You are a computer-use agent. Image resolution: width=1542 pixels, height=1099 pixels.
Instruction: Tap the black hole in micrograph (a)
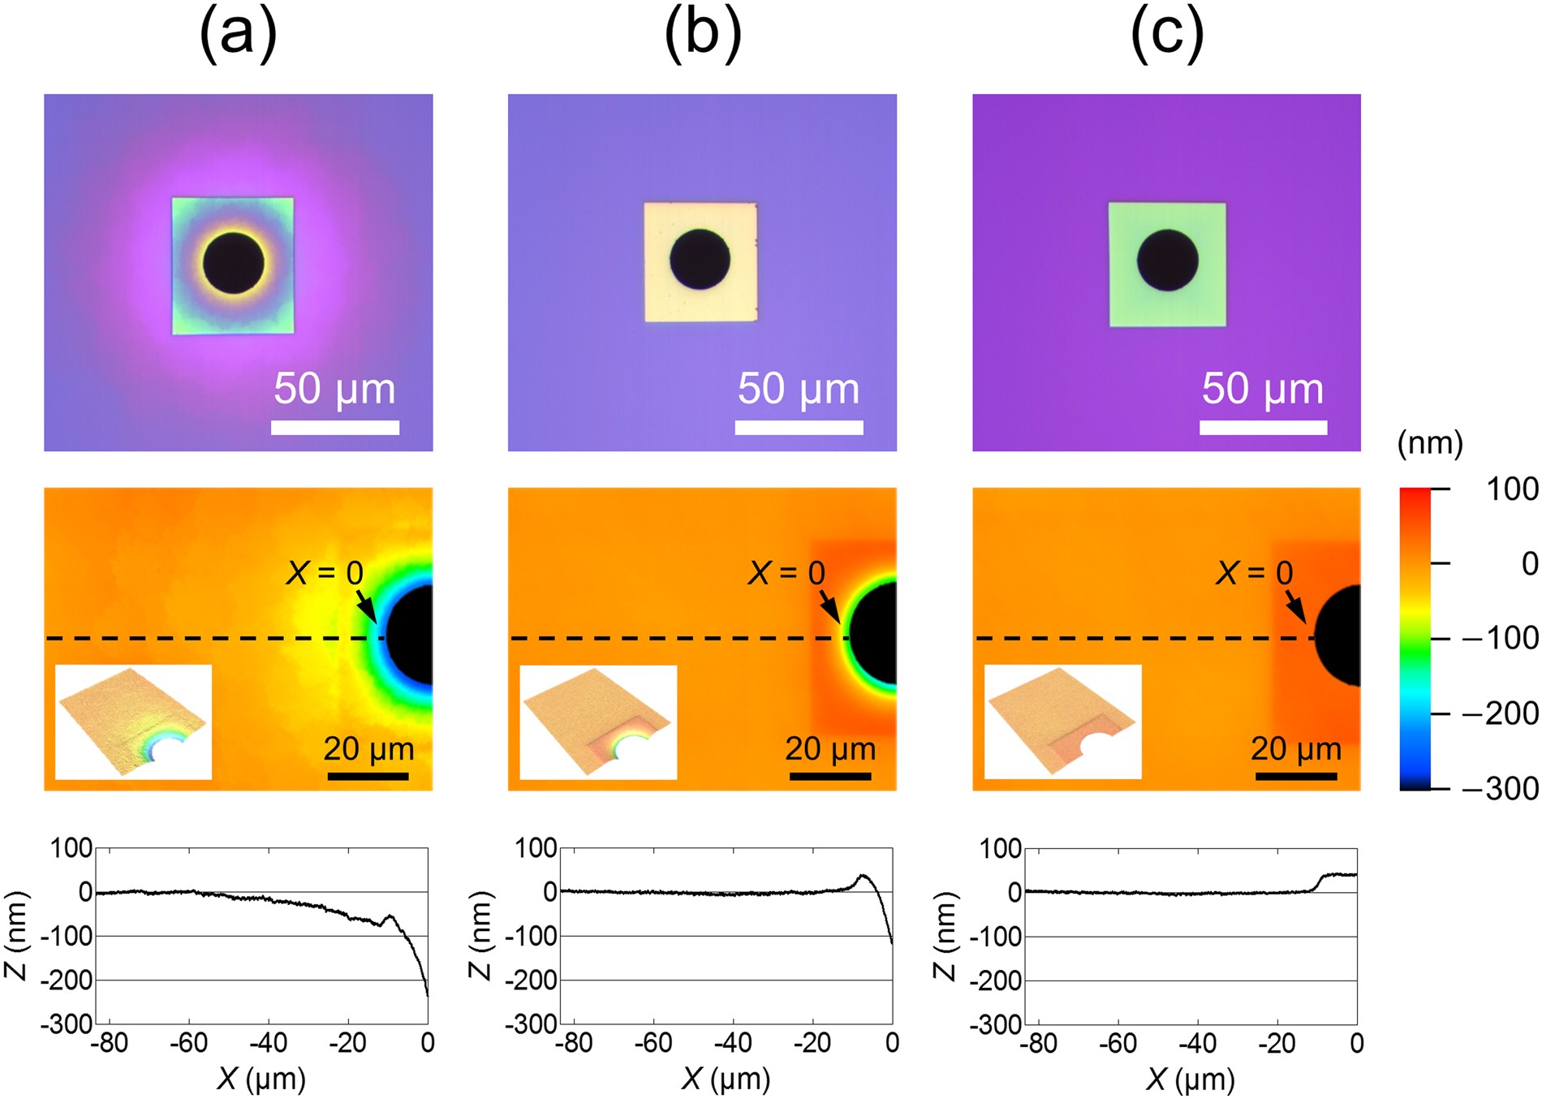pyautogui.click(x=234, y=263)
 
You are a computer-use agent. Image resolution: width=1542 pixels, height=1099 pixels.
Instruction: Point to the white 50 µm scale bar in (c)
pyautogui.click(x=1263, y=428)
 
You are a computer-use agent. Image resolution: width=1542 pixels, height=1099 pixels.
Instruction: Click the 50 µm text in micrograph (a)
pyautogui.click(x=334, y=389)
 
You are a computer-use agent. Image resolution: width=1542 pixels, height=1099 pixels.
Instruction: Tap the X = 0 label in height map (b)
pyautogui.click(x=786, y=573)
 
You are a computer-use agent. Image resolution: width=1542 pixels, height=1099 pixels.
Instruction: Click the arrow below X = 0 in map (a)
pyautogui.click(x=366, y=607)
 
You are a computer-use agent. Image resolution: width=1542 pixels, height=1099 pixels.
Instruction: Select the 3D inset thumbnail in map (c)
pyautogui.click(x=1062, y=722)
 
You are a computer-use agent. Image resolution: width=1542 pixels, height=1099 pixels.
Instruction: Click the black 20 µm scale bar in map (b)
pyautogui.click(x=830, y=777)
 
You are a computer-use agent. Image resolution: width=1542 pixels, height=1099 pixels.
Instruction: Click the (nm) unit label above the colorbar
pyautogui.click(x=1430, y=443)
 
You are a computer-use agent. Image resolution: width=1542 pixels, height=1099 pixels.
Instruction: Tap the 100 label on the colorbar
pyautogui.click(x=1511, y=489)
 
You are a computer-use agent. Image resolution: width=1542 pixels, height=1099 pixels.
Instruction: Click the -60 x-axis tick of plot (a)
pyautogui.click(x=188, y=1043)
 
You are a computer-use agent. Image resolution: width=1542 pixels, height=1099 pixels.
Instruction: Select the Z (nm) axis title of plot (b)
pyautogui.click(x=480, y=935)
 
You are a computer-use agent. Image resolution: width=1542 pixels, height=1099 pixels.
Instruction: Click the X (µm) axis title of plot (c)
pyautogui.click(x=1190, y=1079)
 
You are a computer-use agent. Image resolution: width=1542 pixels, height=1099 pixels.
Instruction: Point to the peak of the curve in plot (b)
pyautogui.click(x=863, y=876)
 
